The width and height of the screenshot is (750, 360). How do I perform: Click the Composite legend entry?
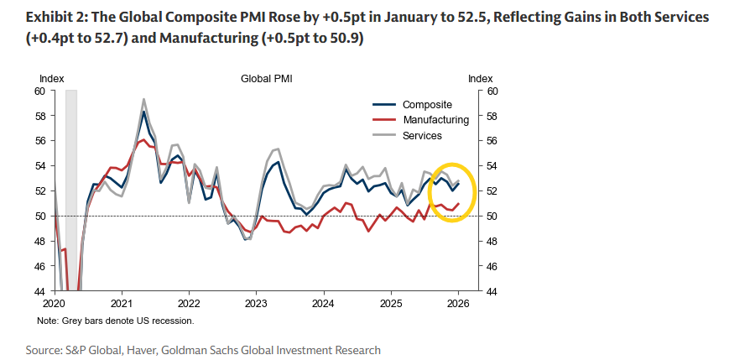427,105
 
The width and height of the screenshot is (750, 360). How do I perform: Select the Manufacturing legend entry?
435,120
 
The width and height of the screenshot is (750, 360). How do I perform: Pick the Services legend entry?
422,135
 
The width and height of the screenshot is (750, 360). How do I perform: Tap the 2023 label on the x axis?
255,302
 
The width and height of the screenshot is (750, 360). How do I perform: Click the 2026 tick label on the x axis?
457,302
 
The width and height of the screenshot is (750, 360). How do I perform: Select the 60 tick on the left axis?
40,91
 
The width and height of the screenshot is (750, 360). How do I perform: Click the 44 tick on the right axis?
492,291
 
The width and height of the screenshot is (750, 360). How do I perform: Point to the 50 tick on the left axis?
40,216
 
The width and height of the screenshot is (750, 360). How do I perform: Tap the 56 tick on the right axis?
492,141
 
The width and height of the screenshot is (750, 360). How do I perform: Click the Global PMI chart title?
266,78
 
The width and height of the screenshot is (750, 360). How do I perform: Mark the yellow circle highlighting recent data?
453,192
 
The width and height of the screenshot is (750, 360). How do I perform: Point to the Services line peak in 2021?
143,99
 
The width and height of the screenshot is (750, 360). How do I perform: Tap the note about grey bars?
116,321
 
